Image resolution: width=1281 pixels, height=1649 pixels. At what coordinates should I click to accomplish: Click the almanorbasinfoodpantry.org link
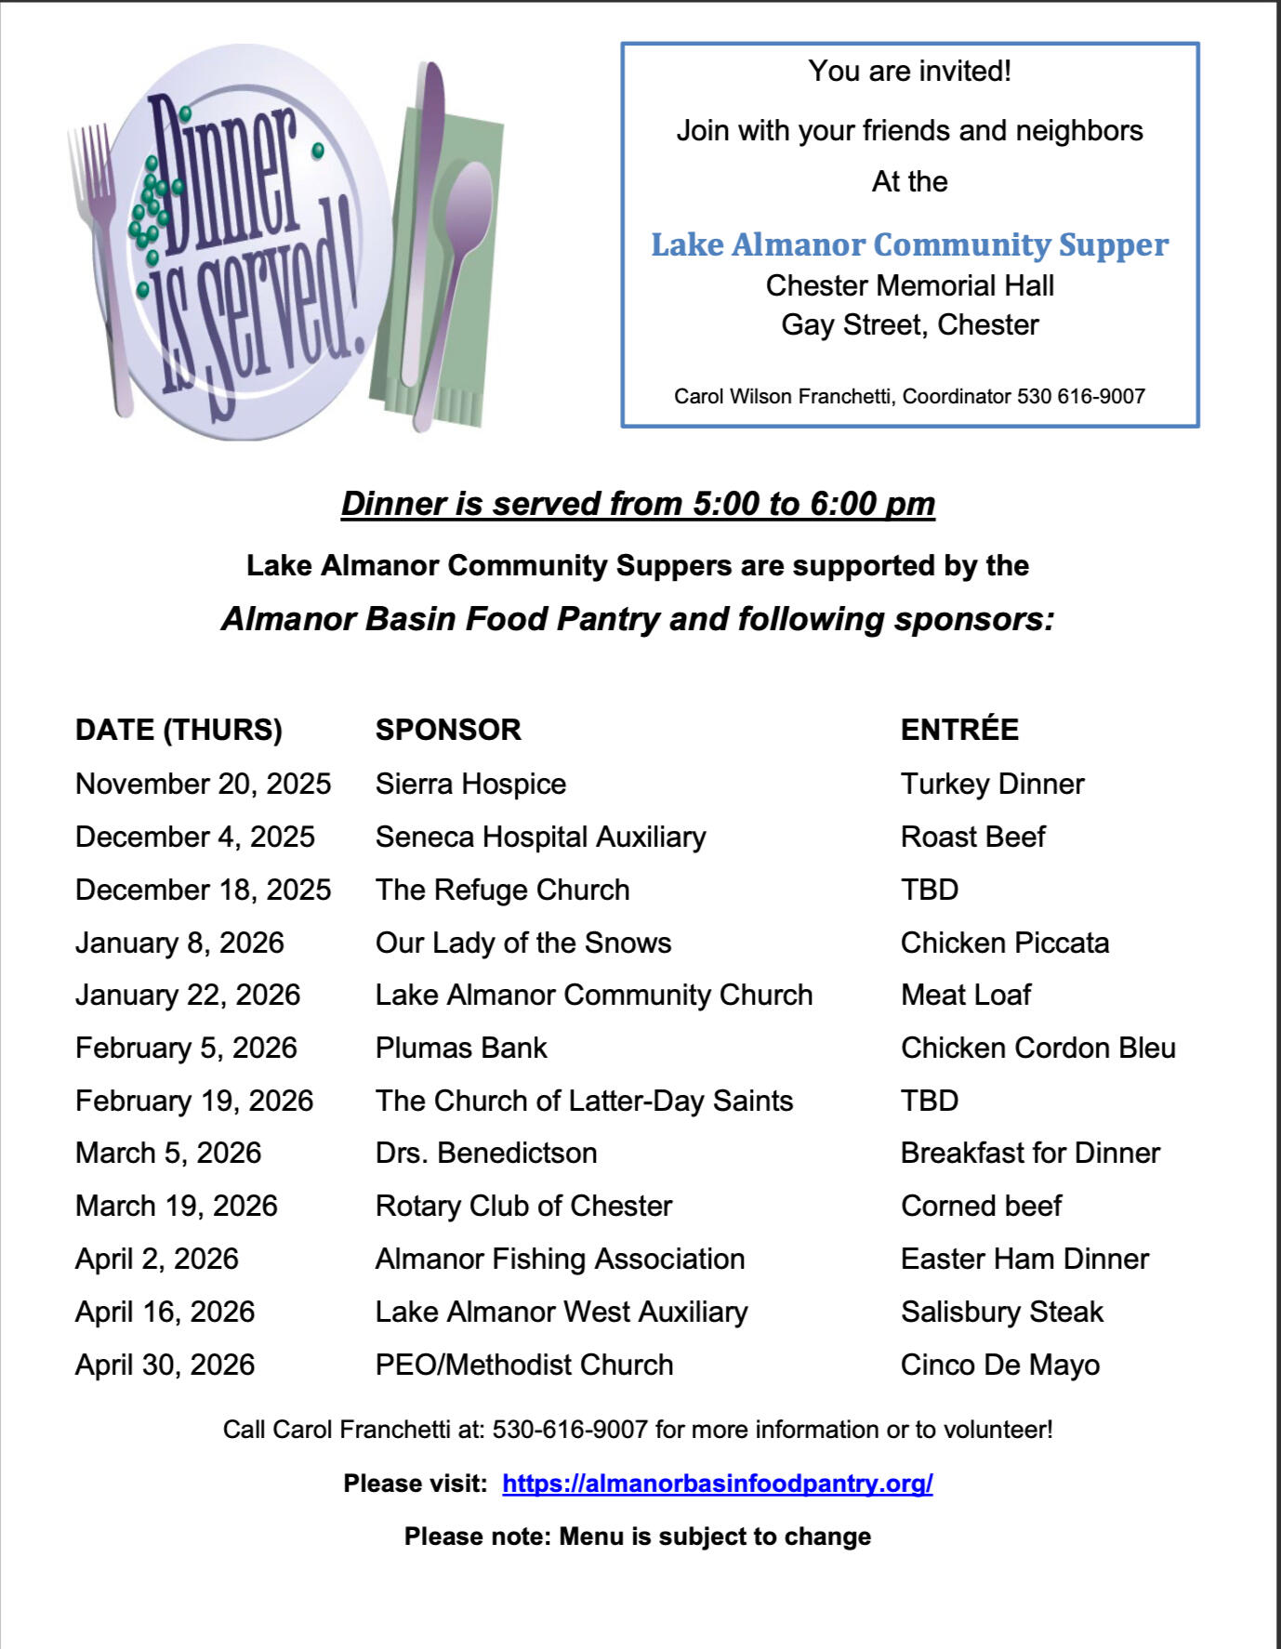tap(717, 1483)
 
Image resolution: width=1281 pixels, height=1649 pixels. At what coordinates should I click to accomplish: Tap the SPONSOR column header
tap(448, 730)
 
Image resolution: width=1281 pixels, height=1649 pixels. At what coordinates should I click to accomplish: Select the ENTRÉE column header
tap(959, 729)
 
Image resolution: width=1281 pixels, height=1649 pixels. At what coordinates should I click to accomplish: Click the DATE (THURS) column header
tap(178, 730)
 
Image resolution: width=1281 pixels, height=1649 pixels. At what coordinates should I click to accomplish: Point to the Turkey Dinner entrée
tap(992, 784)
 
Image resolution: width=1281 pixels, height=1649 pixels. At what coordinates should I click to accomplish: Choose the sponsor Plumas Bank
tap(461, 1048)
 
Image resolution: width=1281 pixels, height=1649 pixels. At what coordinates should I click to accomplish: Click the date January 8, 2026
tap(179, 943)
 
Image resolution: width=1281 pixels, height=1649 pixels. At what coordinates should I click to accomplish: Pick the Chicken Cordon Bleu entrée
tap(1037, 1048)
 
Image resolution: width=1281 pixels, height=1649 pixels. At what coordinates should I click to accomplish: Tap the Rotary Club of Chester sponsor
tap(523, 1206)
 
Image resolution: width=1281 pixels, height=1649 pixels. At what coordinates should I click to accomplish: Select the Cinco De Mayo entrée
tap(999, 1365)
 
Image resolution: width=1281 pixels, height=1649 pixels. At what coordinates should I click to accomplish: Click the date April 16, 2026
tap(165, 1312)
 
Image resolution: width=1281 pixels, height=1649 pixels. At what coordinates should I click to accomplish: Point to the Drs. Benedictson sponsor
tap(486, 1153)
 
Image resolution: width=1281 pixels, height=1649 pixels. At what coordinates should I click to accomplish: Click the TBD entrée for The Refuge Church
tap(930, 890)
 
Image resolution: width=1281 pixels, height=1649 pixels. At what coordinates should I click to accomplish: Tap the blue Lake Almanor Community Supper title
tap(909, 244)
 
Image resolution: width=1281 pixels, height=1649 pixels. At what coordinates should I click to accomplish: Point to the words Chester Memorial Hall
tap(909, 285)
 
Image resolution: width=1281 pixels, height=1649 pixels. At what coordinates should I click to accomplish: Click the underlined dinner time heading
tap(638, 503)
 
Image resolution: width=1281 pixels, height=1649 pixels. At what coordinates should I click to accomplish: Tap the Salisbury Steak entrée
tap(1001, 1312)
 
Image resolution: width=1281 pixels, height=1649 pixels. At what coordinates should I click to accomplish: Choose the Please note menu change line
tap(638, 1537)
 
